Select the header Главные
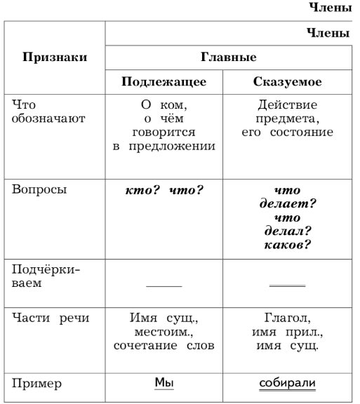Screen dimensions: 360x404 pos(228,58)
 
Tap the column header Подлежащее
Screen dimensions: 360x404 pos(164,82)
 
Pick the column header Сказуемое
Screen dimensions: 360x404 pos(288,82)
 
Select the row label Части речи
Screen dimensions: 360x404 pos(51,318)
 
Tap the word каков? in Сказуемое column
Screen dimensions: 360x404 pos(288,245)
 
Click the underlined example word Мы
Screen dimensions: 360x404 pos(164,383)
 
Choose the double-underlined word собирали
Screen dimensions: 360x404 pos(288,384)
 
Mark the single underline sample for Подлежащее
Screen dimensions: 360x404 pos(164,286)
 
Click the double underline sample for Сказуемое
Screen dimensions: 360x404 pos(288,286)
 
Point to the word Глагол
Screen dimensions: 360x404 pos(288,318)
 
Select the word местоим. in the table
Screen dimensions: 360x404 pos(164,331)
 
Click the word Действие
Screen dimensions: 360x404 pos(288,105)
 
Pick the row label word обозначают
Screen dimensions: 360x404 pos(48,118)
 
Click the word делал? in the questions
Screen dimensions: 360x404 pos(288,231)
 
